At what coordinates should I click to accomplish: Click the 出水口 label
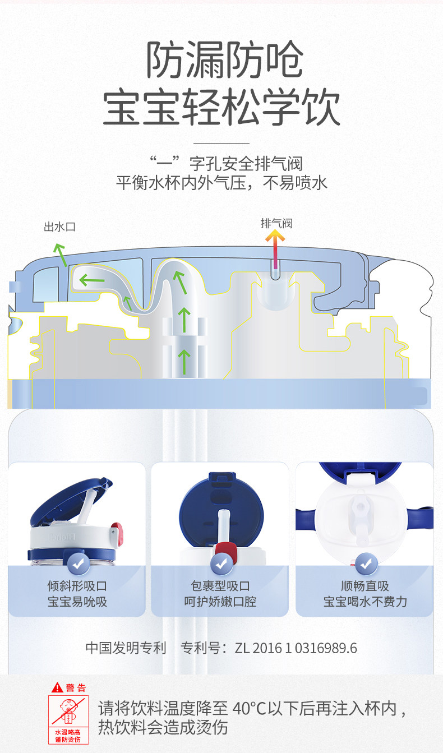tap(59, 227)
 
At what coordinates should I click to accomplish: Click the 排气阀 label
tap(276, 223)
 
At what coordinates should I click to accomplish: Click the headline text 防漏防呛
tap(224, 60)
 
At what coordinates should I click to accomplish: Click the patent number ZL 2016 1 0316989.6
tap(296, 648)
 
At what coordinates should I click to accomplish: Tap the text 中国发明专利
tap(126, 648)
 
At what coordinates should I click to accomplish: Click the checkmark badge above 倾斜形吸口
tap(77, 562)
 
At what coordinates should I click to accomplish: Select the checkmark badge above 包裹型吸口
tap(221, 562)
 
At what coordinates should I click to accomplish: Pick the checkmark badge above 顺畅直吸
tap(366, 562)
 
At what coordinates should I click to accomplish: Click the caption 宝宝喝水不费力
tap(365, 602)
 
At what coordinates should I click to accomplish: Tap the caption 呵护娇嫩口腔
tap(221, 602)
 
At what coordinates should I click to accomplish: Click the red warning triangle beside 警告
tap(57, 687)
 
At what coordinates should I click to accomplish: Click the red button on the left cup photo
tap(117, 530)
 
